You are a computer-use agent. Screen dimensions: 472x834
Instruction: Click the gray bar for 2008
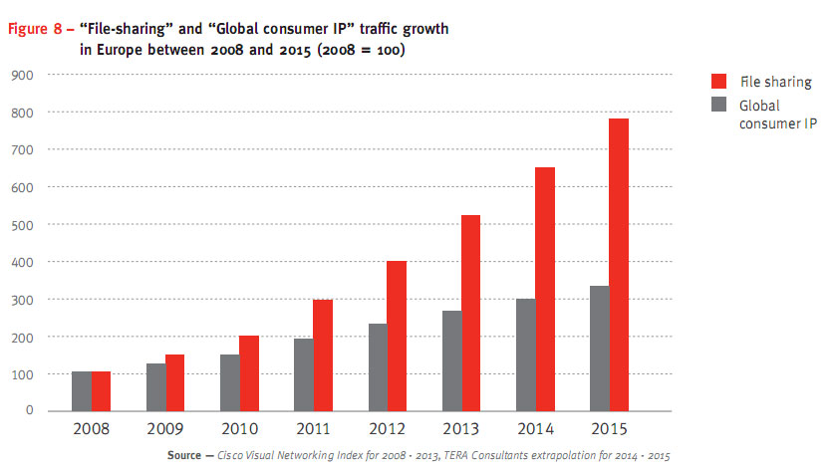click(x=81, y=390)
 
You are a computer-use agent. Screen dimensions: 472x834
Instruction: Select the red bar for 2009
click(x=175, y=381)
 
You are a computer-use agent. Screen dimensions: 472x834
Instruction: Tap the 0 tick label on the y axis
click(x=31, y=411)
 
